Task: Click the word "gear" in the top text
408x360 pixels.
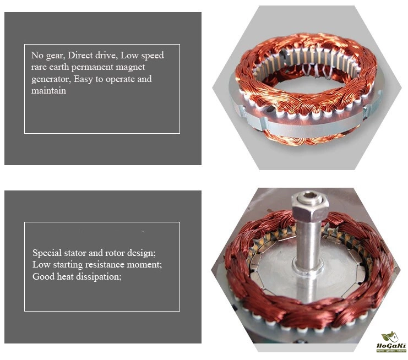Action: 56,56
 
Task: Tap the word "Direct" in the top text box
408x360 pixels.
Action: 80,55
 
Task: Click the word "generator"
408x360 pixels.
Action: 51,79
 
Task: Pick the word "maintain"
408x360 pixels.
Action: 48,90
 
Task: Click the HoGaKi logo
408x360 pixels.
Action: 391,342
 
